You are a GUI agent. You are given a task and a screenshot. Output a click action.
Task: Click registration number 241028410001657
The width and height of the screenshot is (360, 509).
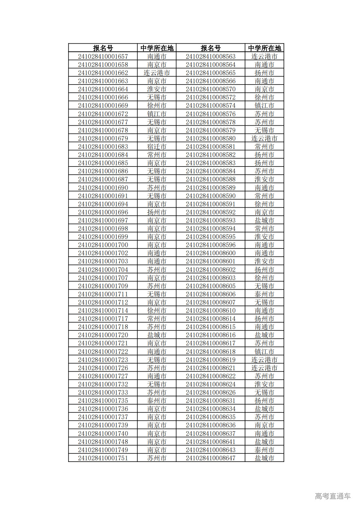(x=103, y=56)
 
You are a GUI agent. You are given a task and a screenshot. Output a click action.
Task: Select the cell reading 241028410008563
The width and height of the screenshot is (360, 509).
(x=210, y=56)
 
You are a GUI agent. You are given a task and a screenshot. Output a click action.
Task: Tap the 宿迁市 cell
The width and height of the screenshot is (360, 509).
(x=156, y=147)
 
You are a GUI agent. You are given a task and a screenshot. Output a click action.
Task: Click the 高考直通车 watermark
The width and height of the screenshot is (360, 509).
(x=333, y=496)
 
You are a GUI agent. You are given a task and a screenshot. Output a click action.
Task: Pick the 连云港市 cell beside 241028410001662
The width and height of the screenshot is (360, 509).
(x=156, y=73)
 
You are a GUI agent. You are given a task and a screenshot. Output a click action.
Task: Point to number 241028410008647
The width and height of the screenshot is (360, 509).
(x=210, y=458)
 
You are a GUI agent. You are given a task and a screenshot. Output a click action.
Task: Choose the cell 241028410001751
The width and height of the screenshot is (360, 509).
(x=103, y=458)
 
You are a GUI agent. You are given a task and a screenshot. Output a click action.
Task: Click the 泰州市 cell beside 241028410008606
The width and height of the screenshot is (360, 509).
(x=264, y=294)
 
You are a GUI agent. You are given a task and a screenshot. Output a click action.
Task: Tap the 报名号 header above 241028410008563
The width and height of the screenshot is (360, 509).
(x=210, y=48)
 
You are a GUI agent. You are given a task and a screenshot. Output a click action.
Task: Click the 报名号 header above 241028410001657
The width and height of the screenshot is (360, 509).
(x=103, y=48)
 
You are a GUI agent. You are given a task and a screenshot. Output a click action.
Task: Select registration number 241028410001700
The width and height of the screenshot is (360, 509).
(x=103, y=245)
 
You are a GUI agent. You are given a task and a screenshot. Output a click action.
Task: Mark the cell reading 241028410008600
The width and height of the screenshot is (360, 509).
(x=210, y=253)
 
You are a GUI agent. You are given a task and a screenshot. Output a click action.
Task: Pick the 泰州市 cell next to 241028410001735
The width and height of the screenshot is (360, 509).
(x=156, y=401)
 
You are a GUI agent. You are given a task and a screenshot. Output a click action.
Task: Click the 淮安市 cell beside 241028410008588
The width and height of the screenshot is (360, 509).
(x=264, y=179)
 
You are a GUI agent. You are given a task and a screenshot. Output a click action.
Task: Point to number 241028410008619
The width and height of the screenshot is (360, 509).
(x=210, y=360)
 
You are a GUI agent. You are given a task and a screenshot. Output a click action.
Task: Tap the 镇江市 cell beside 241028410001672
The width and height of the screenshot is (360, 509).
(x=156, y=114)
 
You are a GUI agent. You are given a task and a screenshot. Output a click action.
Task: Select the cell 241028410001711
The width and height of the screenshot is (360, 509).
(x=103, y=294)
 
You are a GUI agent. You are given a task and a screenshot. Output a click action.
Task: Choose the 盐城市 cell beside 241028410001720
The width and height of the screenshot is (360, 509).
(x=156, y=335)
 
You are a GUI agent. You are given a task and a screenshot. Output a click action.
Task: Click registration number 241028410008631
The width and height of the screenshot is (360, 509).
(x=210, y=401)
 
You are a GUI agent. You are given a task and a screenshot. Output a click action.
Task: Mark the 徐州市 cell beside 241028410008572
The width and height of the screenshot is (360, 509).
(x=264, y=97)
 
